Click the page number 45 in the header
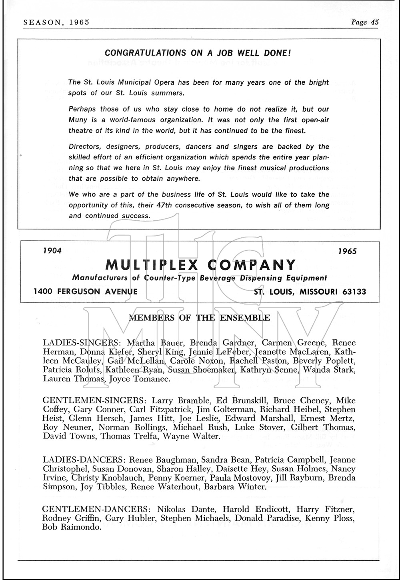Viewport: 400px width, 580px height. [x=374, y=22]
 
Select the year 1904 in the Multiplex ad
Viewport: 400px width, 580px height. [x=52, y=251]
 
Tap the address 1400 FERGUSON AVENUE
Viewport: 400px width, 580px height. [x=86, y=292]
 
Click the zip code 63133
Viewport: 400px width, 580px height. [x=354, y=292]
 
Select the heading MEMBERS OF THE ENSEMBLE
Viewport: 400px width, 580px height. [x=199, y=318]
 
